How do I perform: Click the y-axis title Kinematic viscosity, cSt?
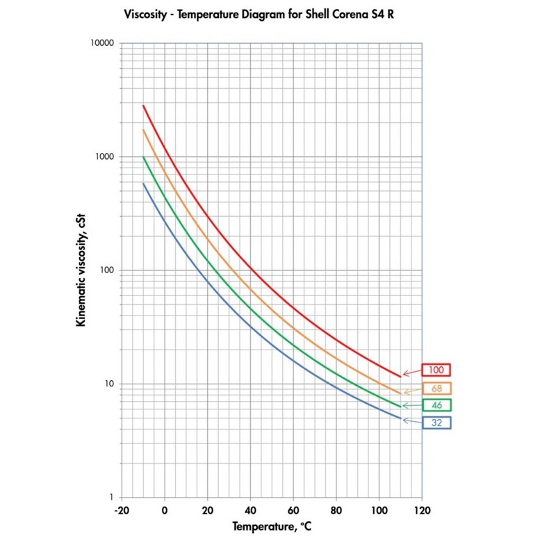tap(82, 271)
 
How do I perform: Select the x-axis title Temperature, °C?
tap(271, 528)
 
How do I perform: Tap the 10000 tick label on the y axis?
tap(102, 43)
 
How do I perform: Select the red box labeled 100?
tap(436, 370)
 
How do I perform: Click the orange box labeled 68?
tap(436, 389)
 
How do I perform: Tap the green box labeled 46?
tap(436, 404)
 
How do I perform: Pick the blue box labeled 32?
tap(436, 422)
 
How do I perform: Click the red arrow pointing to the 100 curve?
tap(411, 373)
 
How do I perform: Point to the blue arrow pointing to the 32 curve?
tap(411, 420)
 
